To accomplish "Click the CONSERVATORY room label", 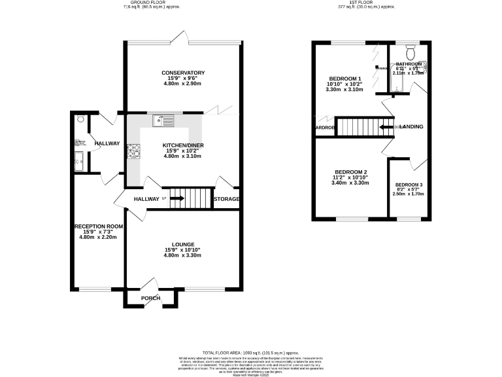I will pyautogui.click(x=184, y=73).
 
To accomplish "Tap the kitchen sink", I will pyautogui.click(x=163, y=120).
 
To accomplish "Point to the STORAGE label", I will pyautogui.click(x=227, y=199).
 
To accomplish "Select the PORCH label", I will pyautogui.click(x=151, y=298).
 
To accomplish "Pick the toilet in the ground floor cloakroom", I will pyautogui.click(x=80, y=120).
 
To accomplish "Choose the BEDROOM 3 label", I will pyautogui.click(x=408, y=185).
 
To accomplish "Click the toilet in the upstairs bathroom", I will pyautogui.click(x=410, y=52).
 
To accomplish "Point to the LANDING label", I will pyautogui.click(x=411, y=126).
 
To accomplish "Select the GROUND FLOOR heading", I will pyautogui.click(x=150, y=3).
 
